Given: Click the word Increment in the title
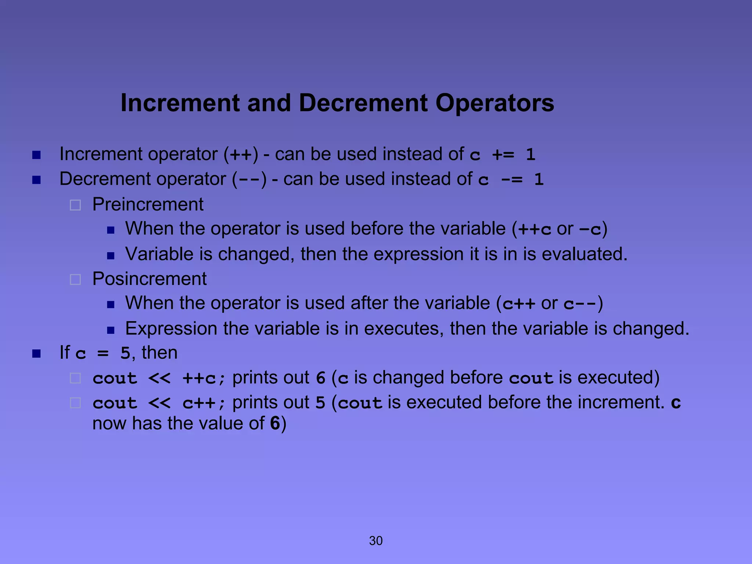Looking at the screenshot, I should point(180,103).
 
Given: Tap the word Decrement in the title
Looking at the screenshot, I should point(363,103).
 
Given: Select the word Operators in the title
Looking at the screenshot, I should point(495,104).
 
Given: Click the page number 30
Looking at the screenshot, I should point(376,540).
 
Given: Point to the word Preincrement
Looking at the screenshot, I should point(148,204).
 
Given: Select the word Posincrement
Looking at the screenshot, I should point(149,279).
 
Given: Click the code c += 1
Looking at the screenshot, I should point(502,155).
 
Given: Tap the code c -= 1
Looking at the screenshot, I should point(511,180).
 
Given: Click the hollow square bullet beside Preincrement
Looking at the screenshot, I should point(75,205).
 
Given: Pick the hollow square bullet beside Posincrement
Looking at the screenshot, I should point(75,280).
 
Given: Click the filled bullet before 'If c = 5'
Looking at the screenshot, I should point(36,354).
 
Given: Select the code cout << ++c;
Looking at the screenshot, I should point(159,379).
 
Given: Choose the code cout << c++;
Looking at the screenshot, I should point(159,403).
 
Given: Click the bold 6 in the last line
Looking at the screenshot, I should point(275,423).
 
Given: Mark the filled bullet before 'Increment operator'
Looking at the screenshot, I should point(36,155).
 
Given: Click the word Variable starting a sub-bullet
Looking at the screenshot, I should point(159,254).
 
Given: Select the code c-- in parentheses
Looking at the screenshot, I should point(579,304).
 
